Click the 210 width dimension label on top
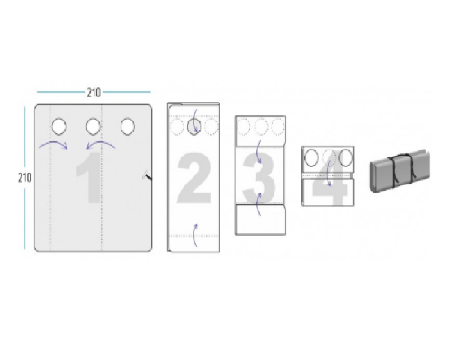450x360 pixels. pyautogui.click(x=94, y=93)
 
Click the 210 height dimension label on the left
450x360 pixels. pyautogui.click(x=24, y=177)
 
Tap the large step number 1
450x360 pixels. pyautogui.click(x=89, y=178)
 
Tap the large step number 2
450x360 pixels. pyautogui.click(x=193, y=178)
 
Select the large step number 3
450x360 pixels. pyautogui.click(x=258, y=178)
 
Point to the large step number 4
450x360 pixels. pyautogui.click(x=330, y=180)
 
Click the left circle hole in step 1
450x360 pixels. pyautogui.click(x=58, y=126)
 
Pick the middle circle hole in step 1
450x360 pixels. pyautogui.click(x=93, y=126)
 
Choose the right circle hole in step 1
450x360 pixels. pyautogui.click(x=128, y=126)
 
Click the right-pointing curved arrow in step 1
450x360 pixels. pyautogui.click(x=53, y=143)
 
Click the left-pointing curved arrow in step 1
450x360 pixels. pyautogui.click(x=102, y=143)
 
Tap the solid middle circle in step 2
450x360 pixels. pyautogui.click(x=194, y=126)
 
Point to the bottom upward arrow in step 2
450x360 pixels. pyautogui.click(x=194, y=236)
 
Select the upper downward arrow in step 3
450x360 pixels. pyautogui.click(x=257, y=152)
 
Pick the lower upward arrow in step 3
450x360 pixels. pyautogui.click(x=257, y=204)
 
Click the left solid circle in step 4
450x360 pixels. pyautogui.click(x=311, y=157)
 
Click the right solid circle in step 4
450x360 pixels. pyautogui.click(x=346, y=157)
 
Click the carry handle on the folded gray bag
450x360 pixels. pyautogui.click(x=400, y=156)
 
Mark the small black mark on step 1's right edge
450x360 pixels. pyautogui.click(x=147, y=175)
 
